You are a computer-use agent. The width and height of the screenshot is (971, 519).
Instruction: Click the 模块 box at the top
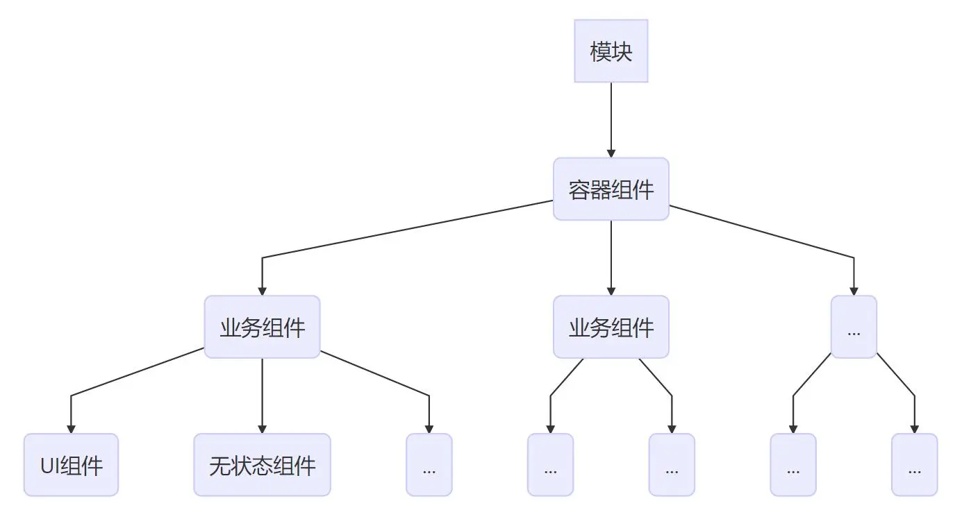pyautogui.click(x=611, y=51)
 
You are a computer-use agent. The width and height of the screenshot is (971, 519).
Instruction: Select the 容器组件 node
pyautogui.click(x=611, y=189)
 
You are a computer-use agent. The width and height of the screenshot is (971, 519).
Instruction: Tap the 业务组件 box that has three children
pyautogui.click(x=262, y=327)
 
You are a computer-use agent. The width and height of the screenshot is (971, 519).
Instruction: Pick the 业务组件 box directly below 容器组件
pyautogui.click(x=611, y=327)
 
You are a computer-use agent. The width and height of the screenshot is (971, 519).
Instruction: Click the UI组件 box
pyautogui.click(x=71, y=465)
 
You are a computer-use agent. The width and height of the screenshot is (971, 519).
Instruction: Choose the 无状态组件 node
pyautogui.click(x=262, y=465)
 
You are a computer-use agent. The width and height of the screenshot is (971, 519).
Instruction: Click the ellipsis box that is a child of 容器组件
pyautogui.click(x=854, y=327)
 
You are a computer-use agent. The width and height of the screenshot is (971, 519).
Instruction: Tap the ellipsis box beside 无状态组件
pyautogui.click(x=429, y=465)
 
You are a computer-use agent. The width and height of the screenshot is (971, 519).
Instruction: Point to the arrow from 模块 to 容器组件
pyautogui.click(x=611, y=118)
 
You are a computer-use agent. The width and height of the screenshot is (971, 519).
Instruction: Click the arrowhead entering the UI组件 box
pyautogui.click(x=71, y=428)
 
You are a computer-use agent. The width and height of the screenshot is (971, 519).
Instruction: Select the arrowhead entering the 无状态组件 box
pyautogui.click(x=262, y=428)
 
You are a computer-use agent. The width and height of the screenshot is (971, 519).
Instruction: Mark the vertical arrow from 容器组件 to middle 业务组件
pyautogui.click(x=611, y=257)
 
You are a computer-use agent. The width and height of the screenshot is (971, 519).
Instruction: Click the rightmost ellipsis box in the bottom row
pyautogui.click(x=914, y=465)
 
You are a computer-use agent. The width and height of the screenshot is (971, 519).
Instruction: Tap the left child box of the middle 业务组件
pyautogui.click(x=550, y=465)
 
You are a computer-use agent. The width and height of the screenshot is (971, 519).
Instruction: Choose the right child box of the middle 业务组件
pyautogui.click(x=672, y=465)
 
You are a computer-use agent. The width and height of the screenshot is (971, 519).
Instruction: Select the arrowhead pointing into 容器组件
pyautogui.click(x=611, y=152)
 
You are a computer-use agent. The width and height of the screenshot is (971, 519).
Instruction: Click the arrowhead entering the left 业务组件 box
pyautogui.click(x=262, y=290)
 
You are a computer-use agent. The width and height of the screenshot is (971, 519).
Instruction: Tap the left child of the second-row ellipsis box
pyautogui.click(x=793, y=465)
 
